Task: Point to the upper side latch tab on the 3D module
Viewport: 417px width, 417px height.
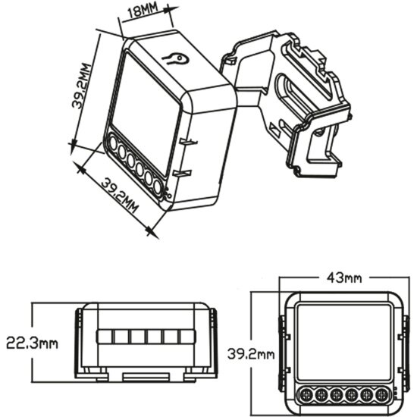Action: pos(188,141)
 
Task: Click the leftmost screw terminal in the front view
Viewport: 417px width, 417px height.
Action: pos(303,394)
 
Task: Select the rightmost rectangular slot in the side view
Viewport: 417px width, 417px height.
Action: pos(186,337)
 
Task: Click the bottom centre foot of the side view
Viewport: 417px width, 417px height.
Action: pos(144,376)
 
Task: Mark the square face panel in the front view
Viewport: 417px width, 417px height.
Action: pos(343,341)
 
